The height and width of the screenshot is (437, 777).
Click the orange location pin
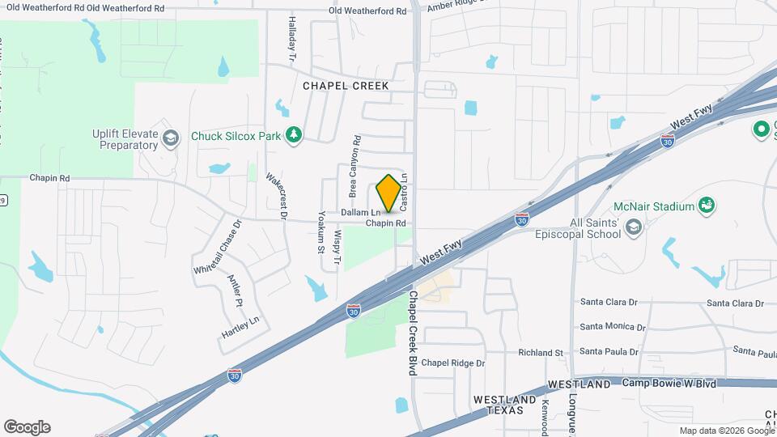(x=388, y=193)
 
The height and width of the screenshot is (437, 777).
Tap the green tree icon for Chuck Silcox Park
(x=295, y=134)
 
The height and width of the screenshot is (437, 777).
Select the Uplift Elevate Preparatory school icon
(x=170, y=138)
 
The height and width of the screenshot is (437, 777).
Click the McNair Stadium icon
(x=707, y=206)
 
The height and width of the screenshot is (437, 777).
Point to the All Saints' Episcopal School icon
(x=634, y=227)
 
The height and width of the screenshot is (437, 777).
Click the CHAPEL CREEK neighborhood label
(x=346, y=85)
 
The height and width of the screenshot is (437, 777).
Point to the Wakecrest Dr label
(x=282, y=197)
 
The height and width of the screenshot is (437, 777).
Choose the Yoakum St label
(x=321, y=231)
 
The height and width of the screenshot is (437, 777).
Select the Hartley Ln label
(x=240, y=326)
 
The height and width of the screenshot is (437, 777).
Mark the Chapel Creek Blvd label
(x=412, y=332)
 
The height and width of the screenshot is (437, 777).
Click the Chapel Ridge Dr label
(x=452, y=363)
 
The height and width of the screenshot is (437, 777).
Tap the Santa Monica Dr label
(x=613, y=327)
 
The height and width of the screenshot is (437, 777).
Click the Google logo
(x=27, y=427)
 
